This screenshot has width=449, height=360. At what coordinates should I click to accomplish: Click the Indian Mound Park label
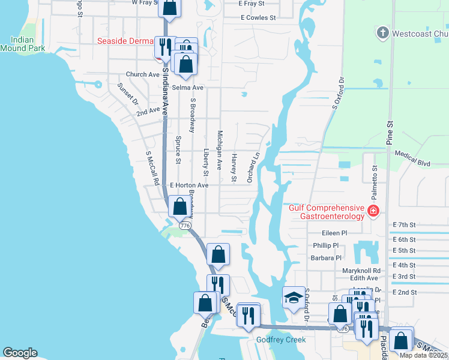tap(23, 43)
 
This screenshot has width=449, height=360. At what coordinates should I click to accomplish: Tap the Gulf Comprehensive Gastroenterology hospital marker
tap(373, 211)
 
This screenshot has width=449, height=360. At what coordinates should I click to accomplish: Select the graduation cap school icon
tap(292, 298)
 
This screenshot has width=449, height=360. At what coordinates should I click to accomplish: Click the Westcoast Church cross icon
tap(382, 32)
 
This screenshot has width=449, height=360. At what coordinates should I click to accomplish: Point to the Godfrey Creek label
tap(282, 340)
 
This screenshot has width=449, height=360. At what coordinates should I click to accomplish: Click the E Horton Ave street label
tap(189, 185)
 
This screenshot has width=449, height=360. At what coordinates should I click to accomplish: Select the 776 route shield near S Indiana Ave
tap(185, 225)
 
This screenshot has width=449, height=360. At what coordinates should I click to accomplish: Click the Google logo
tap(20, 353)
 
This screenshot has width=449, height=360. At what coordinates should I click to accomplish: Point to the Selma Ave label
tap(188, 88)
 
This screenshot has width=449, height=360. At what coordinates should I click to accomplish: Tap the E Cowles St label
tap(258, 18)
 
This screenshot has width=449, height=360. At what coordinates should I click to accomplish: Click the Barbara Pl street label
tap(326, 258)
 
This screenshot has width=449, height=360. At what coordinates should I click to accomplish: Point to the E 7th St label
tap(404, 224)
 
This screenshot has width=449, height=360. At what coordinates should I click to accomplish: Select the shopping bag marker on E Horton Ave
tap(179, 206)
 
